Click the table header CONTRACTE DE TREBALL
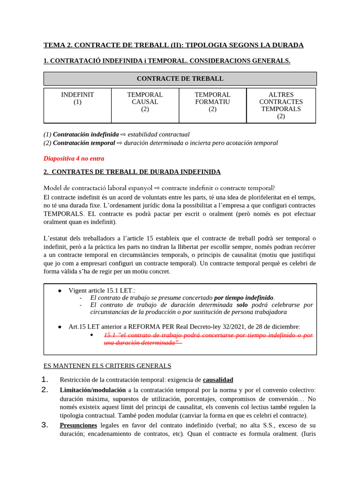(180, 78)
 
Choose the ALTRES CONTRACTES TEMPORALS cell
(281, 105)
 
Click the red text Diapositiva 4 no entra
(74, 158)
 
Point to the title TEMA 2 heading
(173, 45)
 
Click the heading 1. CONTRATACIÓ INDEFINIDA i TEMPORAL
(167, 60)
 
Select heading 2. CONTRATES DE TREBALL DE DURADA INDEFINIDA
(132, 172)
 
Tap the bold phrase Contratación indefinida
(86, 135)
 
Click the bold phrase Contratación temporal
(84, 143)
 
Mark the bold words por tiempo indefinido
(243, 298)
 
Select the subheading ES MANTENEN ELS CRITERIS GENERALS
(107, 366)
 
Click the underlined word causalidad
(217, 380)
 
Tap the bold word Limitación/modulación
(92, 390)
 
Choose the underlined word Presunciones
(78, 425)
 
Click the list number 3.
(45, 425)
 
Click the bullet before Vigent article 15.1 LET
(60, 291)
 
